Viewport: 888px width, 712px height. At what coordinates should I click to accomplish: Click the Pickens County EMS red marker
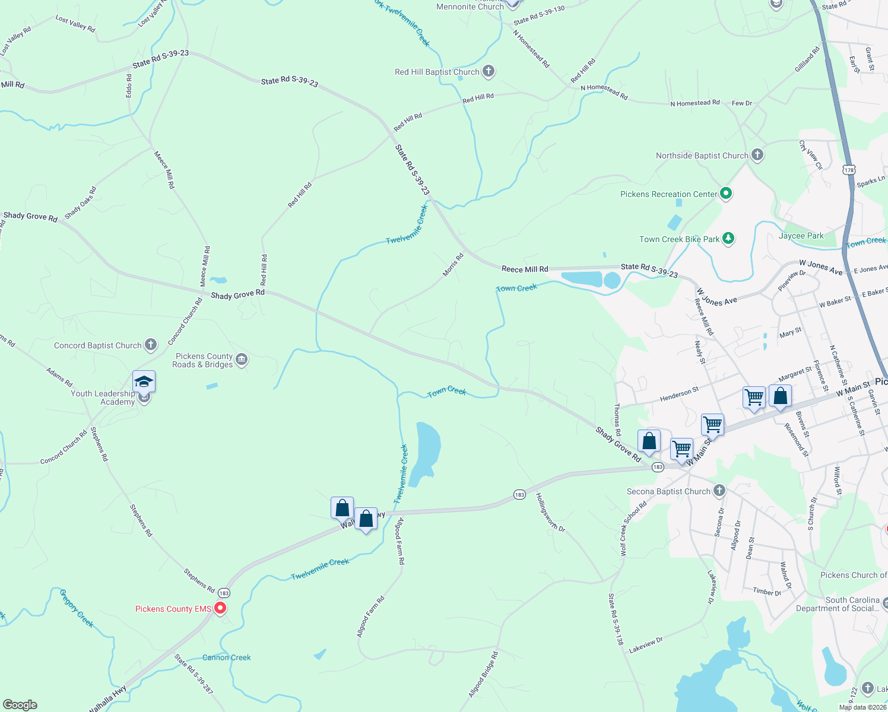[220, 608]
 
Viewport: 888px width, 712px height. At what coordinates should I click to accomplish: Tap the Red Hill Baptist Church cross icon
[489, 71]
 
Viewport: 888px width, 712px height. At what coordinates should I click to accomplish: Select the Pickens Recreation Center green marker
[725, 193]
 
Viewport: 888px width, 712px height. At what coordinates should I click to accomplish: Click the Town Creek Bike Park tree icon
[728, 239]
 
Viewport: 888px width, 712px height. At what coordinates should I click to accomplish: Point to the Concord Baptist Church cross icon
[151, 345]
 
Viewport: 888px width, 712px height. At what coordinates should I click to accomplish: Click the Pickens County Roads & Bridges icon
[242, 360]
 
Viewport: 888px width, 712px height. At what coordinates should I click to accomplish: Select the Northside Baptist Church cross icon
[757, 155]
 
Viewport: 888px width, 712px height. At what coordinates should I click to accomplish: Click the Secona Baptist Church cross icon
[719, 491]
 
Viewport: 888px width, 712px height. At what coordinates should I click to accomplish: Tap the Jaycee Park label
[801, 236]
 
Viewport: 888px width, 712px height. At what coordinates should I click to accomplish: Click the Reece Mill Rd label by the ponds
[525, 269]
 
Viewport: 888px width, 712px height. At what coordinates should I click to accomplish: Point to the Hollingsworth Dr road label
[550, 512]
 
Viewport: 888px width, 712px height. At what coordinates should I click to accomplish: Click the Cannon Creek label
[226, 657]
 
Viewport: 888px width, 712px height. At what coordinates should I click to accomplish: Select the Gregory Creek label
[77, 608]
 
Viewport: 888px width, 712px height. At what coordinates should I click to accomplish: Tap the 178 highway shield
[849, 170]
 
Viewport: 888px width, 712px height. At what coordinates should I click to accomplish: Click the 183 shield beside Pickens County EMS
[224, 593]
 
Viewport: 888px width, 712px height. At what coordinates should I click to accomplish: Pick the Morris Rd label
[453, 265]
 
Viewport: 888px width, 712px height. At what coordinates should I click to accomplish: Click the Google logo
[20, 705]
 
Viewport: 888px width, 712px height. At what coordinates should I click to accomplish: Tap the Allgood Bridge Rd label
[483, 675]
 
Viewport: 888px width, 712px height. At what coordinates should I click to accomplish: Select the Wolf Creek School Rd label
[633, 529]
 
